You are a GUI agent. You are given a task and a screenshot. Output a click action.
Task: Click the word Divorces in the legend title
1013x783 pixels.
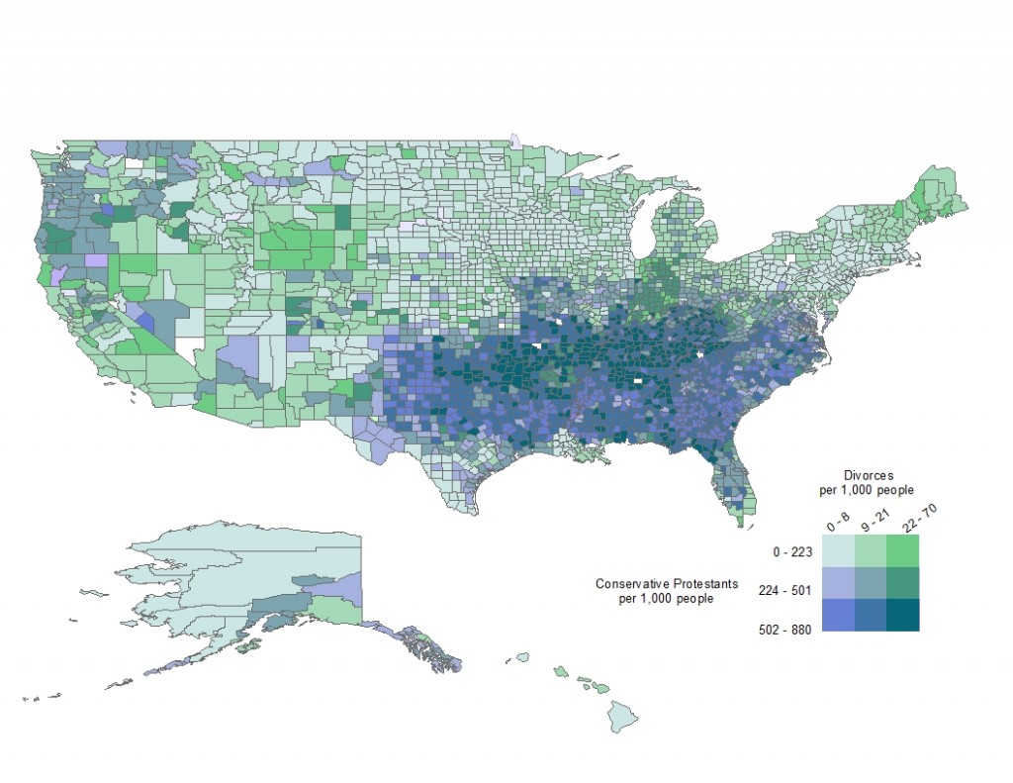pos(870,476)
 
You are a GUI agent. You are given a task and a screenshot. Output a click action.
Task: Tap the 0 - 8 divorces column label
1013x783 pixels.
pos(837,521)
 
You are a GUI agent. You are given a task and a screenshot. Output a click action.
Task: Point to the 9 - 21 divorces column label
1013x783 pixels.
pos(871,520)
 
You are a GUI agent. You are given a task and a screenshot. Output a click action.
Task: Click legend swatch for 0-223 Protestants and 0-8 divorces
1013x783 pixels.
pos(838,550)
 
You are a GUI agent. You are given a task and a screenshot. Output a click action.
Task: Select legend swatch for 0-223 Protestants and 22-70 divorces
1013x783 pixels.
pos(903,550)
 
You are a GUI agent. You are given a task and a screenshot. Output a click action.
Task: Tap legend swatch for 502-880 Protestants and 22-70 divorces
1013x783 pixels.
pos(903,615)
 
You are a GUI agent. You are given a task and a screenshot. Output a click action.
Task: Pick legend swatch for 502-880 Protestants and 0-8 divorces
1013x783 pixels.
pos(838,615)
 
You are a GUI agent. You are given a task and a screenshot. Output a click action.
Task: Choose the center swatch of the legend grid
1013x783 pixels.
pos(871,582)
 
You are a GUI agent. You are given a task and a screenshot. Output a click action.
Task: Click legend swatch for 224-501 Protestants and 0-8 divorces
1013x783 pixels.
pos(838,582)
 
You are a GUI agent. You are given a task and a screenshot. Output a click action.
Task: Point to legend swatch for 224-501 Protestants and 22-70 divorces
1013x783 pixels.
pos(903,582)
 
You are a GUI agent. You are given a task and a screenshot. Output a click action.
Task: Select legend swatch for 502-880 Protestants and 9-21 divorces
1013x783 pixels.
pos(871,615)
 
